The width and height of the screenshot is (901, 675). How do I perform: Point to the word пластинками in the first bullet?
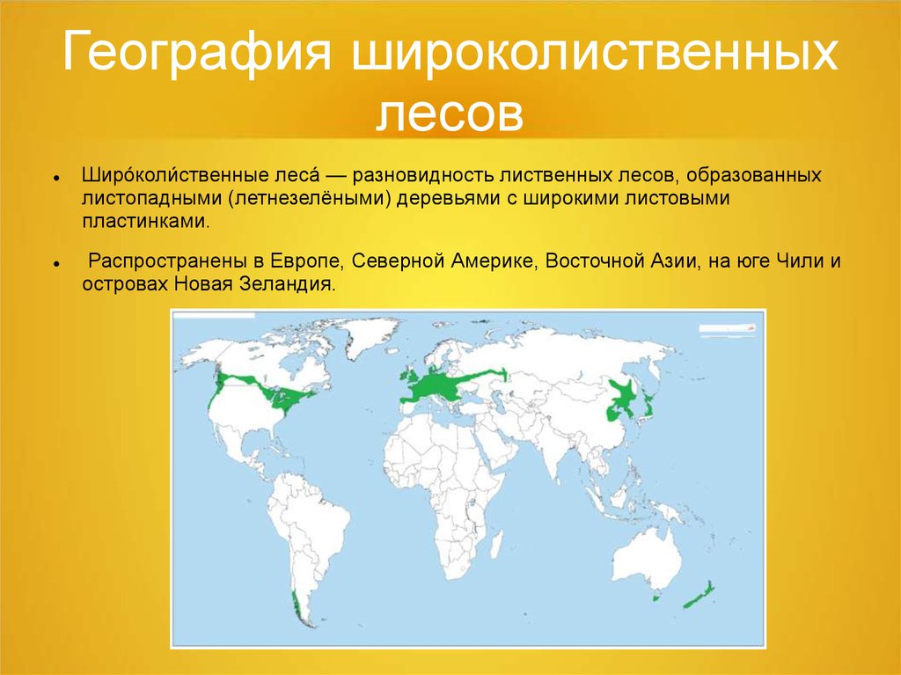point(146,222)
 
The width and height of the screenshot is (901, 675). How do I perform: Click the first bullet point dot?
point(56,179)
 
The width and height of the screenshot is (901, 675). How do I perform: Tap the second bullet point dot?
point(56,264)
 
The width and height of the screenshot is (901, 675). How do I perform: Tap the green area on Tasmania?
point(656,598)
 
